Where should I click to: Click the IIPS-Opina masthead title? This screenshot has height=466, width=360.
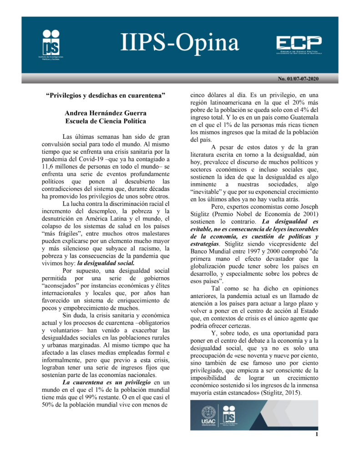(179, 43)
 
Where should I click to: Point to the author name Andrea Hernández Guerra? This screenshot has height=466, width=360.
(105, 113)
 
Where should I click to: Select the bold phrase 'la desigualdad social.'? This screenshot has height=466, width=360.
(106, 263)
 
